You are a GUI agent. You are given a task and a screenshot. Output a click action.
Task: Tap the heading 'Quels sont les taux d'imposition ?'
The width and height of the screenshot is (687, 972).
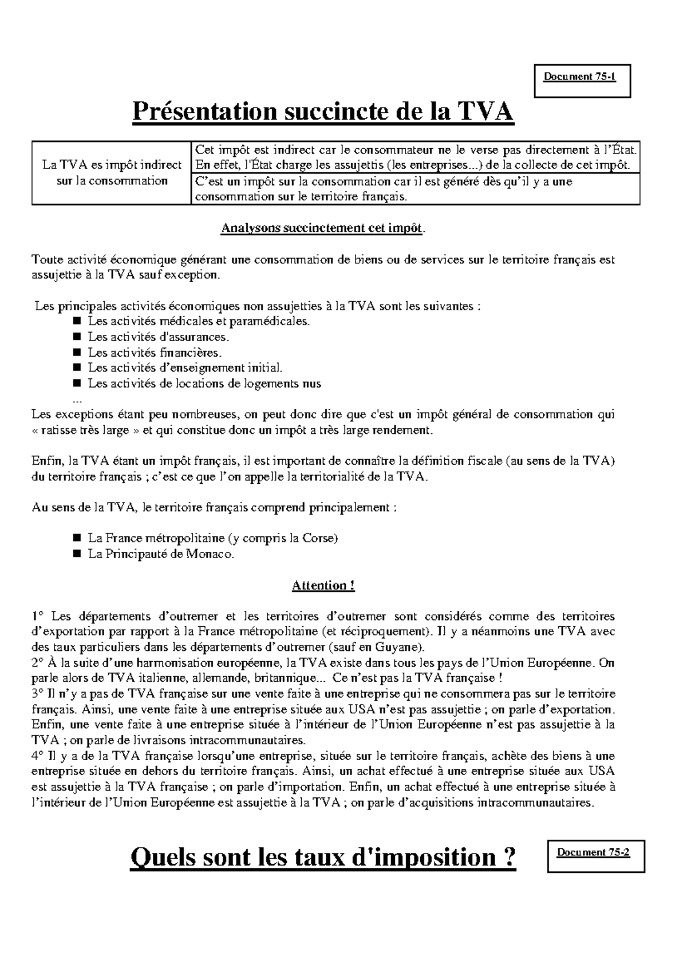pyautogui.click(x=323, y=857)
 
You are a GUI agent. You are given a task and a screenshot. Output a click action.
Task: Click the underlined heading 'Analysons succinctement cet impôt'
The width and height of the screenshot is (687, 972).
pyautogui.click(x=323, y=229)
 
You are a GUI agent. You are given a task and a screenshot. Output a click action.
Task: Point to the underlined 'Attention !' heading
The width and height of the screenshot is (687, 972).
pyautogui.click(x=323, y=586)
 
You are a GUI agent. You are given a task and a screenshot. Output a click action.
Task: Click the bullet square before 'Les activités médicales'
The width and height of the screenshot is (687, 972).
pyautogui.click(x=78, y=321)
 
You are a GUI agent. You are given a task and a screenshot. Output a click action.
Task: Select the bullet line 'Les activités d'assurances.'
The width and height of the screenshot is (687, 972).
pyautogui.click(x=158, y=337)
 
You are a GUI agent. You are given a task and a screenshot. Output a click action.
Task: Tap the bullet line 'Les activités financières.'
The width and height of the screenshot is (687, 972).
pyautogui.click(x=155, y=353)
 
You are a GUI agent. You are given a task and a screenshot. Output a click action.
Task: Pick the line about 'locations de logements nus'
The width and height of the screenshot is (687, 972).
pyautogui.click(x=204, y=384)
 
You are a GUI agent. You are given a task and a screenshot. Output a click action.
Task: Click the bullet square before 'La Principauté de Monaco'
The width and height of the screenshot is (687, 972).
pyautogui.click(x=78, y=554)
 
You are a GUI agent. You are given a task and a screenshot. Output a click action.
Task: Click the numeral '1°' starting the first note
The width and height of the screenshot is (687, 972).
pyautogui.click(x=38, y=617)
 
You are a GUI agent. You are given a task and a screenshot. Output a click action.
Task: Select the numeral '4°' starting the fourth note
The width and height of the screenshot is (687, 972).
pyautogui.click(x=38, y=756)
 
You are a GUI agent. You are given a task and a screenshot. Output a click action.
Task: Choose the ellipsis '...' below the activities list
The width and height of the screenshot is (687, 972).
pyautogui.click(x=78, y=399)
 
